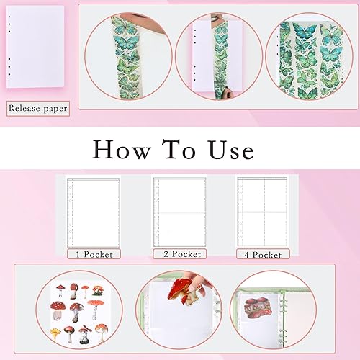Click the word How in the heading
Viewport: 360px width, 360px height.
(x=122, y=149)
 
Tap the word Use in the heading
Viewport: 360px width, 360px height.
(x=231, y=150)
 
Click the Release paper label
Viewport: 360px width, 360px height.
(x=38, y=109)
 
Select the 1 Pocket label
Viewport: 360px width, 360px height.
(x=94, y=254)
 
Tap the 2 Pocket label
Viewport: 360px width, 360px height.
(x=180, y=254)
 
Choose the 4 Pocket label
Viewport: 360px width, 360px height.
(x=263, y=254)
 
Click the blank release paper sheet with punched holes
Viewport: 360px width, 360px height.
(x=35, y=47)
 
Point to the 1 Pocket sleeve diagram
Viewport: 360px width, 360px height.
(x=94, y=212)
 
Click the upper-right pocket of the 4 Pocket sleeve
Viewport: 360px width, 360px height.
(x=276, y=196)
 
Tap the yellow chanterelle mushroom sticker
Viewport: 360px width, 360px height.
(x=55, y=333)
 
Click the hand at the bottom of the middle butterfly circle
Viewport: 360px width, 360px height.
(x=229, y=93)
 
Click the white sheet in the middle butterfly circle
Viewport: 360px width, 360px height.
(x=203, y=55)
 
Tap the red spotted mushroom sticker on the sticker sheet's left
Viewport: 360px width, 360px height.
(x=58, y=310)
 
